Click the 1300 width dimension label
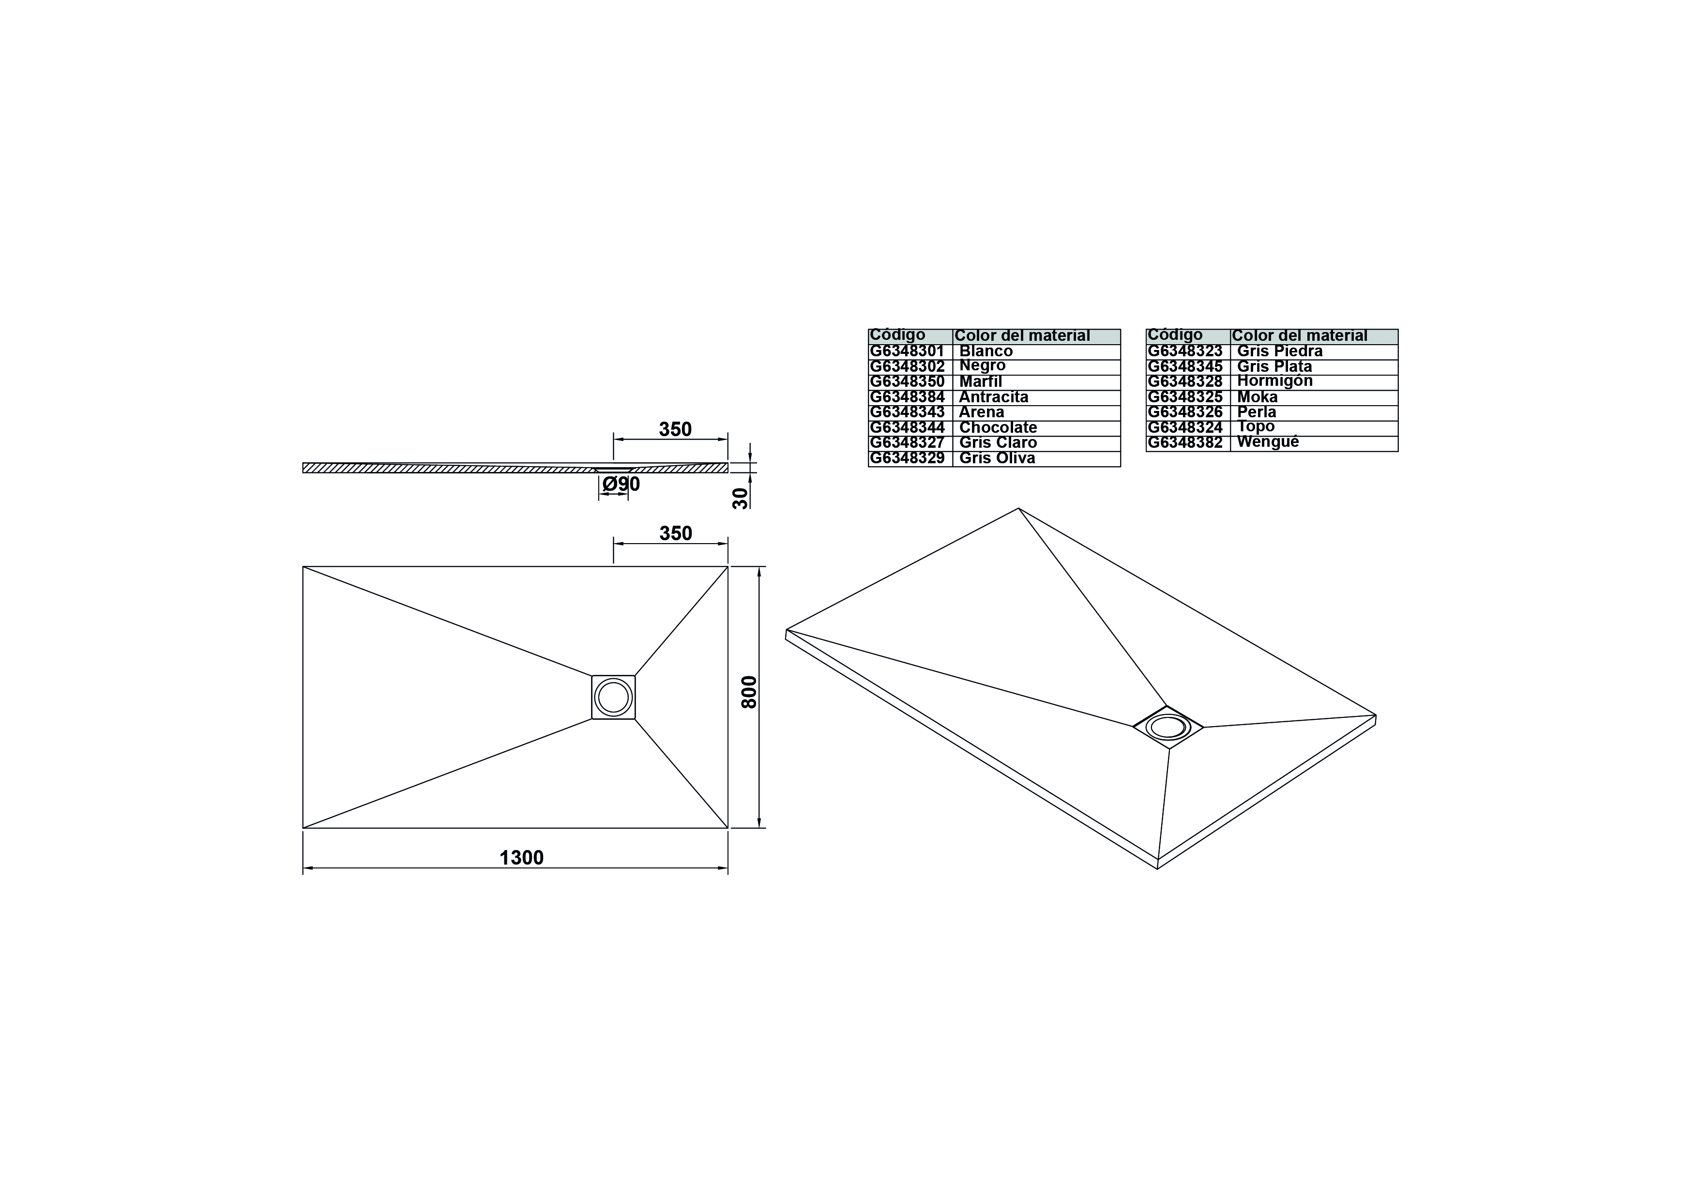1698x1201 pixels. (521, 857)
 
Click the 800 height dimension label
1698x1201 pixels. (749, 692)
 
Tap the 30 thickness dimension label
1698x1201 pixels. (740, 498)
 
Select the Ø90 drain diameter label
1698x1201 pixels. (621, 485)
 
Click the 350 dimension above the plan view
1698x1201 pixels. (676, 533)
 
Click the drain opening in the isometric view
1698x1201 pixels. (1168, 727)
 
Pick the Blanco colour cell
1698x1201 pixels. (1036, 352)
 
